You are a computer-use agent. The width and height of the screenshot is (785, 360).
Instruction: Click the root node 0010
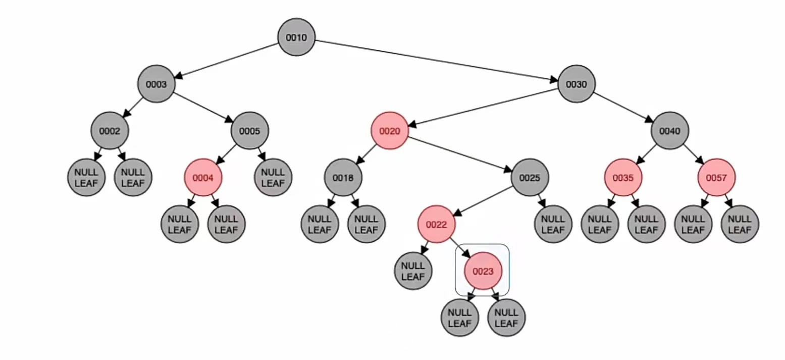coord(296,37)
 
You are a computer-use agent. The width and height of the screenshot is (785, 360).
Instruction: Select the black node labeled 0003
coord(156,84)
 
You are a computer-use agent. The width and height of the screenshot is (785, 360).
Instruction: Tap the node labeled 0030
coord(576,84)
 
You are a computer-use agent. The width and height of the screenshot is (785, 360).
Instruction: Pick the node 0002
coord(110,131)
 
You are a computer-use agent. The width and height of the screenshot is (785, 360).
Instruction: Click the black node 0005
coord(250,131)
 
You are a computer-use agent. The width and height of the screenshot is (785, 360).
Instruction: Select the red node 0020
coord(390,131)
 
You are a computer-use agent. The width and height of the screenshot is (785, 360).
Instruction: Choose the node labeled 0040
coord(669,131)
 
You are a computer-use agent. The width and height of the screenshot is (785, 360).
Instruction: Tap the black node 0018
coord(343,178)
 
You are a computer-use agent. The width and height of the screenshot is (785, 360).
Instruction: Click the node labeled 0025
coord(530,178)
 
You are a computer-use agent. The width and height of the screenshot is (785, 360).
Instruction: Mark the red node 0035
coord(623,178)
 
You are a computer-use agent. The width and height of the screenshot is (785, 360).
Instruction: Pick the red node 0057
coord(716,178)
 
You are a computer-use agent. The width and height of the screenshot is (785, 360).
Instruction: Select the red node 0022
coord(436,224)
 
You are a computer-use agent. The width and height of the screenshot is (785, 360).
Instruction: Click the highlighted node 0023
coord(483,271)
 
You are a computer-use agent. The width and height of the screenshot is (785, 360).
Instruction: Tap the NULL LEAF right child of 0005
coord(273,178)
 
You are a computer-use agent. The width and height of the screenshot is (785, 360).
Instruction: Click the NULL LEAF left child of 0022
coord(413,271)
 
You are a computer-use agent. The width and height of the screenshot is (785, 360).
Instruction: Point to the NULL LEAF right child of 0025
coord(553,224)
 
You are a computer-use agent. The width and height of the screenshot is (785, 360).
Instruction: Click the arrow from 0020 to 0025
coord(459,155)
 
